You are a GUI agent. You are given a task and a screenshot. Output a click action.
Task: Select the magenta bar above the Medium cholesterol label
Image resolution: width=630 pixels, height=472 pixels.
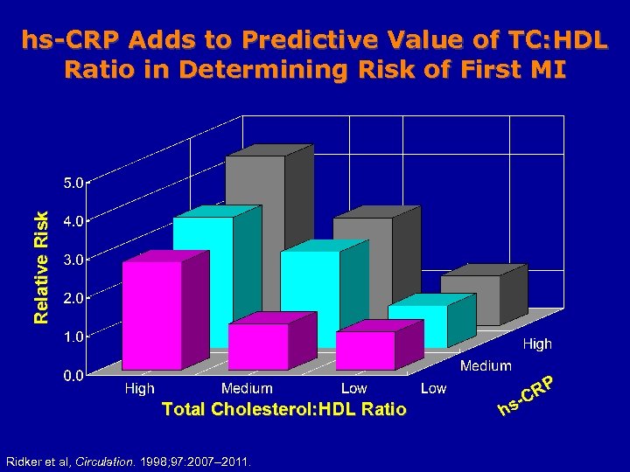pyautogui.click(x=258, y=346)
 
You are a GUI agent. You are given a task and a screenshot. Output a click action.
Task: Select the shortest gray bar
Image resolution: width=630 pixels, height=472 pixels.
pyautogui.click(x=471, y=299)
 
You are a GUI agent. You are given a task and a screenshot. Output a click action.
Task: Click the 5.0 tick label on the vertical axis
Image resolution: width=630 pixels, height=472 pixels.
pyautogui.click(x=73, y=184)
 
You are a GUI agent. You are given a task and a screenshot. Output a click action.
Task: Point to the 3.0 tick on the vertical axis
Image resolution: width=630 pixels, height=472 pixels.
pyautogui.click(x=73, y=260)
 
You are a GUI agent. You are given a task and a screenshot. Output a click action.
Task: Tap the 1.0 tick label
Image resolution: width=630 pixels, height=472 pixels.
pyautogui.click(x=73, y=336)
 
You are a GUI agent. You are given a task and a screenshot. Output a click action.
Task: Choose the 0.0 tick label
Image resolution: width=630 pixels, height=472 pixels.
pyautogui.click(x=73, y=376)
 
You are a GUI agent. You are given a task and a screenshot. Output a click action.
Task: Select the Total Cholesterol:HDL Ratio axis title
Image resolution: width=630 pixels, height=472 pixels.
pyautogui.click(x=283, y=408)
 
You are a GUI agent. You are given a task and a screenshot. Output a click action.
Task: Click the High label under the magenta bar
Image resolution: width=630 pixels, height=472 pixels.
pyautogui.click(x=139, y=388)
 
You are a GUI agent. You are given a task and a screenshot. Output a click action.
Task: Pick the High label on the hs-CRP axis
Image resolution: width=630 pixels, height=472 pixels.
pyautogui.click(x=537, y=344)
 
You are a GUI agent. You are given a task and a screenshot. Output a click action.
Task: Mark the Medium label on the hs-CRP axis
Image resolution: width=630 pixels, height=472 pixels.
pyautogui.click(x=486, y=366)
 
